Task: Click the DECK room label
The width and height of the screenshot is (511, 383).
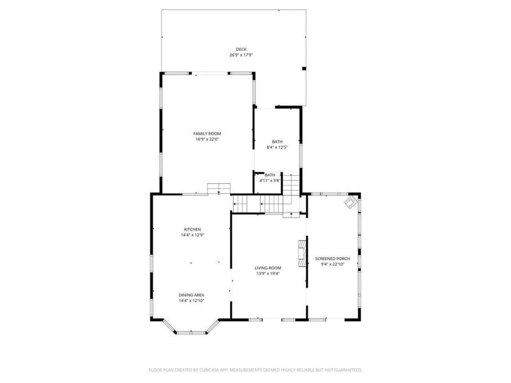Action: click(241, 49)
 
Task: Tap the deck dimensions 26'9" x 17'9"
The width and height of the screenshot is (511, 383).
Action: click(241, 55)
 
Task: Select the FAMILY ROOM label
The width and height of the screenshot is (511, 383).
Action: click(207, 133)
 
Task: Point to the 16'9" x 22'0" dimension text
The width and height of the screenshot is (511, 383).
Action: click(207, 139)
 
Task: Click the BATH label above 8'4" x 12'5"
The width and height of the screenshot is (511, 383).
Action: click(277, 142)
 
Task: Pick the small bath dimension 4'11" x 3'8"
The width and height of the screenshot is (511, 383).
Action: click(270, 181)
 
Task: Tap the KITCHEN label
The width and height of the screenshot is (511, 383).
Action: click(192, 229)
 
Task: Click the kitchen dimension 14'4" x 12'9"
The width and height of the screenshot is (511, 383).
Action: click(192, 235)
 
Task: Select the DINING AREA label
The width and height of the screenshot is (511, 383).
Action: click(191, 295)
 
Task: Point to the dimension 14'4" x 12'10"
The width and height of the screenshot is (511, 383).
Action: click(191, 301)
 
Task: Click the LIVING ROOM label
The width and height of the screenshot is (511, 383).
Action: click(268, 268)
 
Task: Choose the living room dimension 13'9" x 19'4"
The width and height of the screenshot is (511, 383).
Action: click(268, 274)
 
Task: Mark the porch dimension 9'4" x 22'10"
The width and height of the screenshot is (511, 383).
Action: click(333, 264)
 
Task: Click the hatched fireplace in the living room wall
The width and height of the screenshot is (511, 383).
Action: click(302, 254)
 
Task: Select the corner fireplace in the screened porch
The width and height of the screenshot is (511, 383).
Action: click(351, 202)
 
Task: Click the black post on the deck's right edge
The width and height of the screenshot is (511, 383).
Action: click(304, 68)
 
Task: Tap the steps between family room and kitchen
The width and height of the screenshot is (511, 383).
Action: click(219, 189)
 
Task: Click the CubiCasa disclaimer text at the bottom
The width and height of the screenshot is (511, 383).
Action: click(256, 370)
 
